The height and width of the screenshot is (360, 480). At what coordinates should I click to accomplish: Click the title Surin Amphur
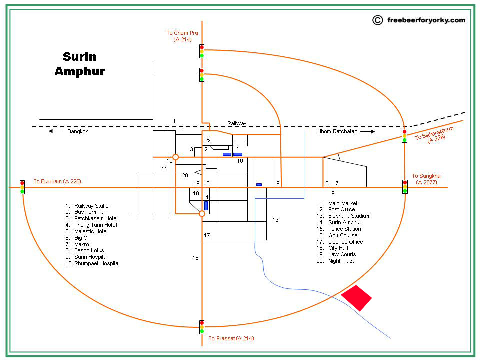[80, 64]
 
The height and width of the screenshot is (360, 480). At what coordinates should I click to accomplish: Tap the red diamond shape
[356, 298]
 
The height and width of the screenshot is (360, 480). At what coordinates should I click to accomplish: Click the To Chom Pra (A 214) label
[182, 36]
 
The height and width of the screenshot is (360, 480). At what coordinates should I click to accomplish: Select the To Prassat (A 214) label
[231, 338]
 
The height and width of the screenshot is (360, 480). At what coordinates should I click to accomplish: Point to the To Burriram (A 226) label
[57, 181]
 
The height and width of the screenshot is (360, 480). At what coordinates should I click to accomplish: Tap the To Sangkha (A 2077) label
[426, 179]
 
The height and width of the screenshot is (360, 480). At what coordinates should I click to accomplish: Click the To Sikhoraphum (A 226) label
[435, 134]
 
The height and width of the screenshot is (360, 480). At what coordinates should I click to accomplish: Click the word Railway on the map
[237, 123]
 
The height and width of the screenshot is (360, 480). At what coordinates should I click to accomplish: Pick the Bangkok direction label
[77, 132]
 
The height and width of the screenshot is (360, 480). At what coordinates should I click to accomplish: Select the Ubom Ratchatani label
[338, 132]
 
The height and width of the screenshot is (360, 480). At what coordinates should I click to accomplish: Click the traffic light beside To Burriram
[22, 187]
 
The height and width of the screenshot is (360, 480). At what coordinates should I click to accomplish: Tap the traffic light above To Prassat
[202, 327]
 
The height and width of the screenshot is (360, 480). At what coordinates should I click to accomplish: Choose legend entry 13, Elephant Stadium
[349, 216]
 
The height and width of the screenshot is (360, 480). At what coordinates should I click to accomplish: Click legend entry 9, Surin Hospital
[90, 257]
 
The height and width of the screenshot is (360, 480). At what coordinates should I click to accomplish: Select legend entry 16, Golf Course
[342, 235]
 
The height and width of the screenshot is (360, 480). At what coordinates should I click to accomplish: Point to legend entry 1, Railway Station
[92, 206]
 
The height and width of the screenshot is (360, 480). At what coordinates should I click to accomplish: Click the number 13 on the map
[275, 220]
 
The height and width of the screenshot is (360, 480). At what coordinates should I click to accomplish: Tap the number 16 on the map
[195, 258]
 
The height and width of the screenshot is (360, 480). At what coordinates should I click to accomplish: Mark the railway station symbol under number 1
[174, 126]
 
